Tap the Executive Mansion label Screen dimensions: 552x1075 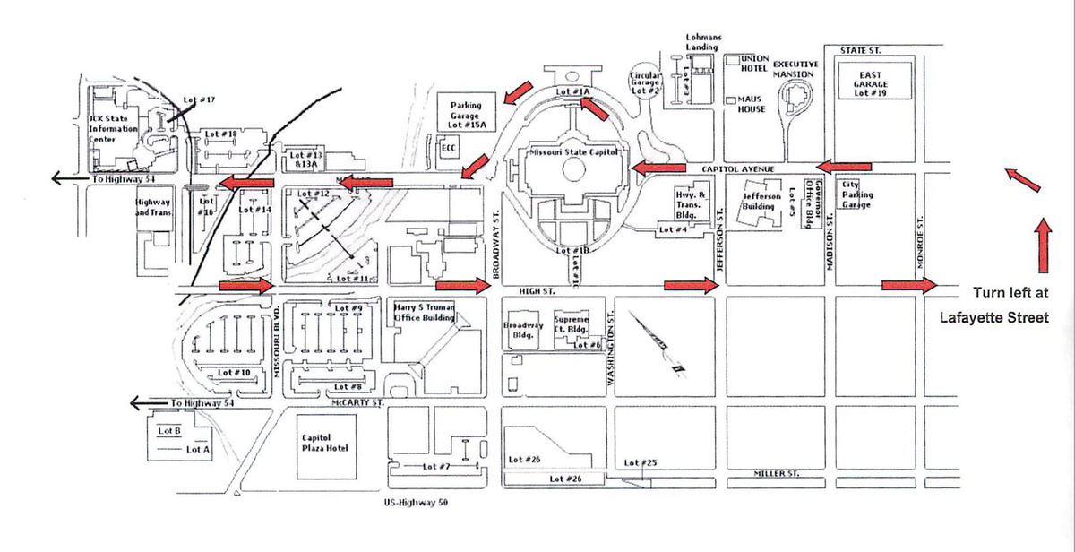tap(795, 69)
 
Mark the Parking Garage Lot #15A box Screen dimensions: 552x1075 tap(466, 115)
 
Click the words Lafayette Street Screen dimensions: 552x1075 tap(993, 317)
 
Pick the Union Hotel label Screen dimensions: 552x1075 tap(755, 64)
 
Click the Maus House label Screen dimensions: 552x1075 tap(752, 104)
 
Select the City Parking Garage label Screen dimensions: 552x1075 tap(857, 194)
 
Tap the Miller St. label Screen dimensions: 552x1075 tap(776, 472)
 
